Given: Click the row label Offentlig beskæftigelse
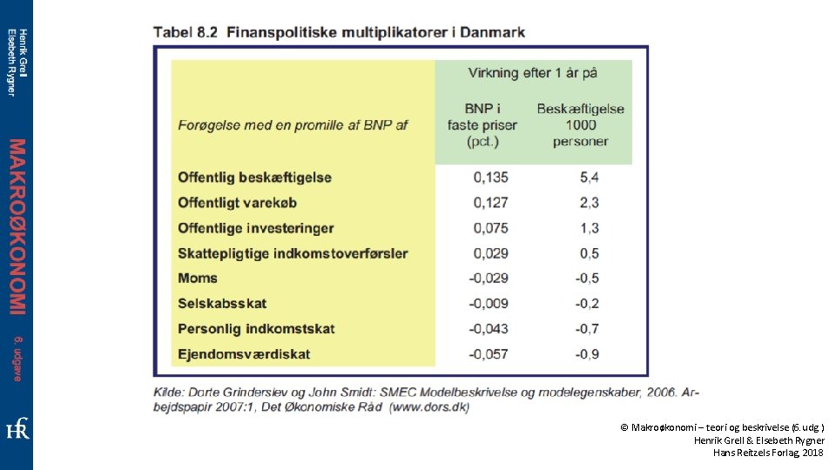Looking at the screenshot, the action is point(254,178).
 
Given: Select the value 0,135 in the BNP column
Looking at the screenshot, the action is point(490,178).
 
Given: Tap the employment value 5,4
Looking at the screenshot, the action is point(590,178).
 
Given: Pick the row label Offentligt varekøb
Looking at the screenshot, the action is point(237,203).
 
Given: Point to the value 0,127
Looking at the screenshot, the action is point(490,203).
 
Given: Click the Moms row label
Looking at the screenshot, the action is point(198,279).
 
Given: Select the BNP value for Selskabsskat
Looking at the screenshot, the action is point(489,303).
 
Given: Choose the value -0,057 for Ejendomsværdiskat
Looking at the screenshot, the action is point(489,354).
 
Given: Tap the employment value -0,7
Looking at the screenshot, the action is point(587,329).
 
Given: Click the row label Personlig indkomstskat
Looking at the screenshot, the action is point(256,329).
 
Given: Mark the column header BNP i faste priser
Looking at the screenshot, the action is point(482,124).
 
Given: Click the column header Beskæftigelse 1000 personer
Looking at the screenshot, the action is point(580,124).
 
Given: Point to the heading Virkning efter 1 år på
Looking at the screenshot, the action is point(532,73).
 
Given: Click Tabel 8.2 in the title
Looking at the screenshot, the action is point(185,32).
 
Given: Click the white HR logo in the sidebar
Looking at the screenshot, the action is point(17,428).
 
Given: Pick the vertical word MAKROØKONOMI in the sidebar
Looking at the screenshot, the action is point(17,227).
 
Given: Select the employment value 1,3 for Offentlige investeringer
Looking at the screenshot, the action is point(590,228).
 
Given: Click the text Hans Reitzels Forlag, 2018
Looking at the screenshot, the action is point(768,453).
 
